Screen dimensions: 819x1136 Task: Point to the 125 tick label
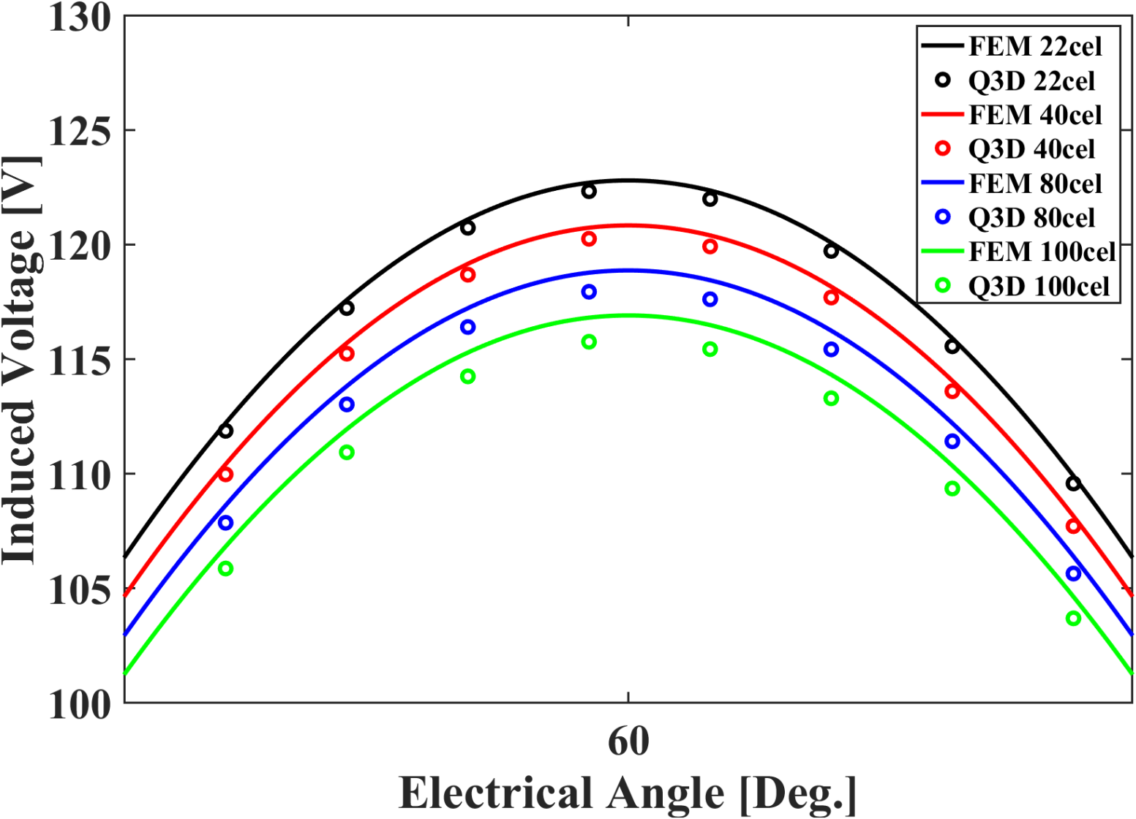pyautogui.click(x=79, y=131)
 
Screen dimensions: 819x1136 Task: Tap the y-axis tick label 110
pyautogui.click(x=79, y=475)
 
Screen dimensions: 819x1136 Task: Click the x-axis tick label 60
pyautogui.click(x=628, y=741)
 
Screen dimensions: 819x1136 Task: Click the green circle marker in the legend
pyautogui.click(x=943, y=286)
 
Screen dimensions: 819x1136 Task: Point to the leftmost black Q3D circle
pyautogui.click(x=225, y=431)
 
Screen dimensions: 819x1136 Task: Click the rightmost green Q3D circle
pyautogui.click(x=1073, y=619)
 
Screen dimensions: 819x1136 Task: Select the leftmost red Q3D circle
pyautogui.click(x=225, y=475)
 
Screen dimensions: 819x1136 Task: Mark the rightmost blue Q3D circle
pyautogui.click(x=1073, y=574)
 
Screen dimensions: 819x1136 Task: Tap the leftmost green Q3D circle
pyautogui.click(x=225, y=568)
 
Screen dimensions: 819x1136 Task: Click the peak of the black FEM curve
pyautogui.click(x=628, y=180)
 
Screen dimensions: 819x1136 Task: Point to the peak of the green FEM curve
pyautogui.click(x=628, y=315)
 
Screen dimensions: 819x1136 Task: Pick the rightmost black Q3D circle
pyautogui.click(x=1073, y=483)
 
